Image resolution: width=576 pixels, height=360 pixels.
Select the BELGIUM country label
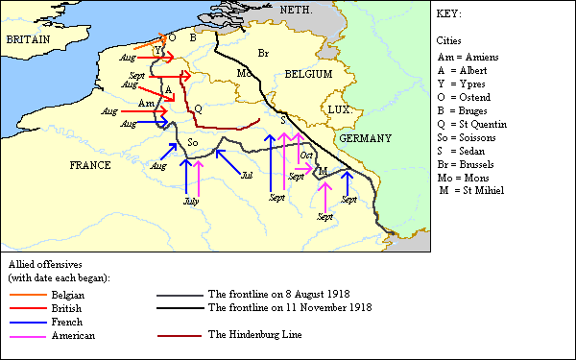tap(307, 74)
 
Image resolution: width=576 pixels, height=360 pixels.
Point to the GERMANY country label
tap(365, 138)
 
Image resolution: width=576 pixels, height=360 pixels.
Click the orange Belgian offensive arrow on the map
tap(148, 43)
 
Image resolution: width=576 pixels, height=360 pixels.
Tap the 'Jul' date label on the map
tap(247, 176)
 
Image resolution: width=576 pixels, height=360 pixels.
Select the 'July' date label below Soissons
tap(190, 202)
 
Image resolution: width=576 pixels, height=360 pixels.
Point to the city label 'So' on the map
tap(193, 143)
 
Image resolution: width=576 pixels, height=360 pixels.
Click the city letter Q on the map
tap(198, 108)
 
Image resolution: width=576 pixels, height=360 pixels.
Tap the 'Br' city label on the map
tap(264, 50)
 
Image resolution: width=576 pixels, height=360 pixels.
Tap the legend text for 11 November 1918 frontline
tap(289, 308)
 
